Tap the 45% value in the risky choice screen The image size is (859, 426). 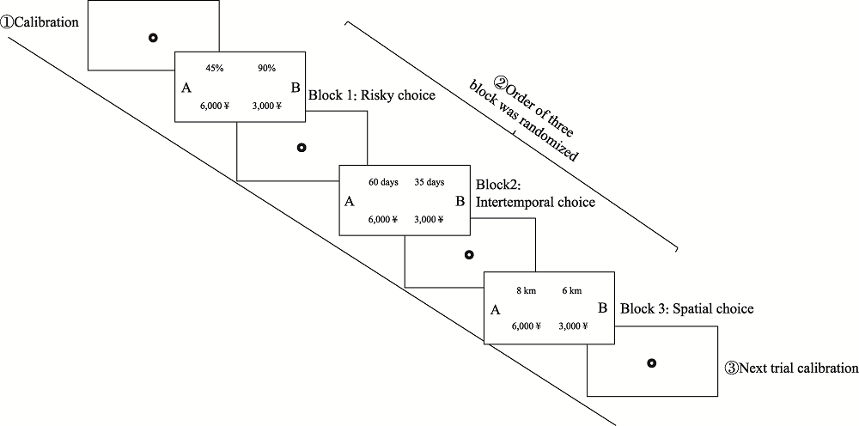(213, 66)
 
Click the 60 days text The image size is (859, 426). (382, 182)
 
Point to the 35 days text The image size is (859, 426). (429, 182)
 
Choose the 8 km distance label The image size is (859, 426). (526, 289)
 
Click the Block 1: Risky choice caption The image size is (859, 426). (371, 95)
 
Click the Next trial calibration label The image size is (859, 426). (791, 368)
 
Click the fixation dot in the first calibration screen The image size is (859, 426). (153, 37)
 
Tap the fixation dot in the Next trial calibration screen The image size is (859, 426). (651, 363)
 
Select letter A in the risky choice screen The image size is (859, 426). (186, 87)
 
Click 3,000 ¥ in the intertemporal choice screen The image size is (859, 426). (429, 219)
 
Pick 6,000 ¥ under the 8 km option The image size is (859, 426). (526, 326)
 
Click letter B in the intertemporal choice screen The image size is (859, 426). (460, 202)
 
